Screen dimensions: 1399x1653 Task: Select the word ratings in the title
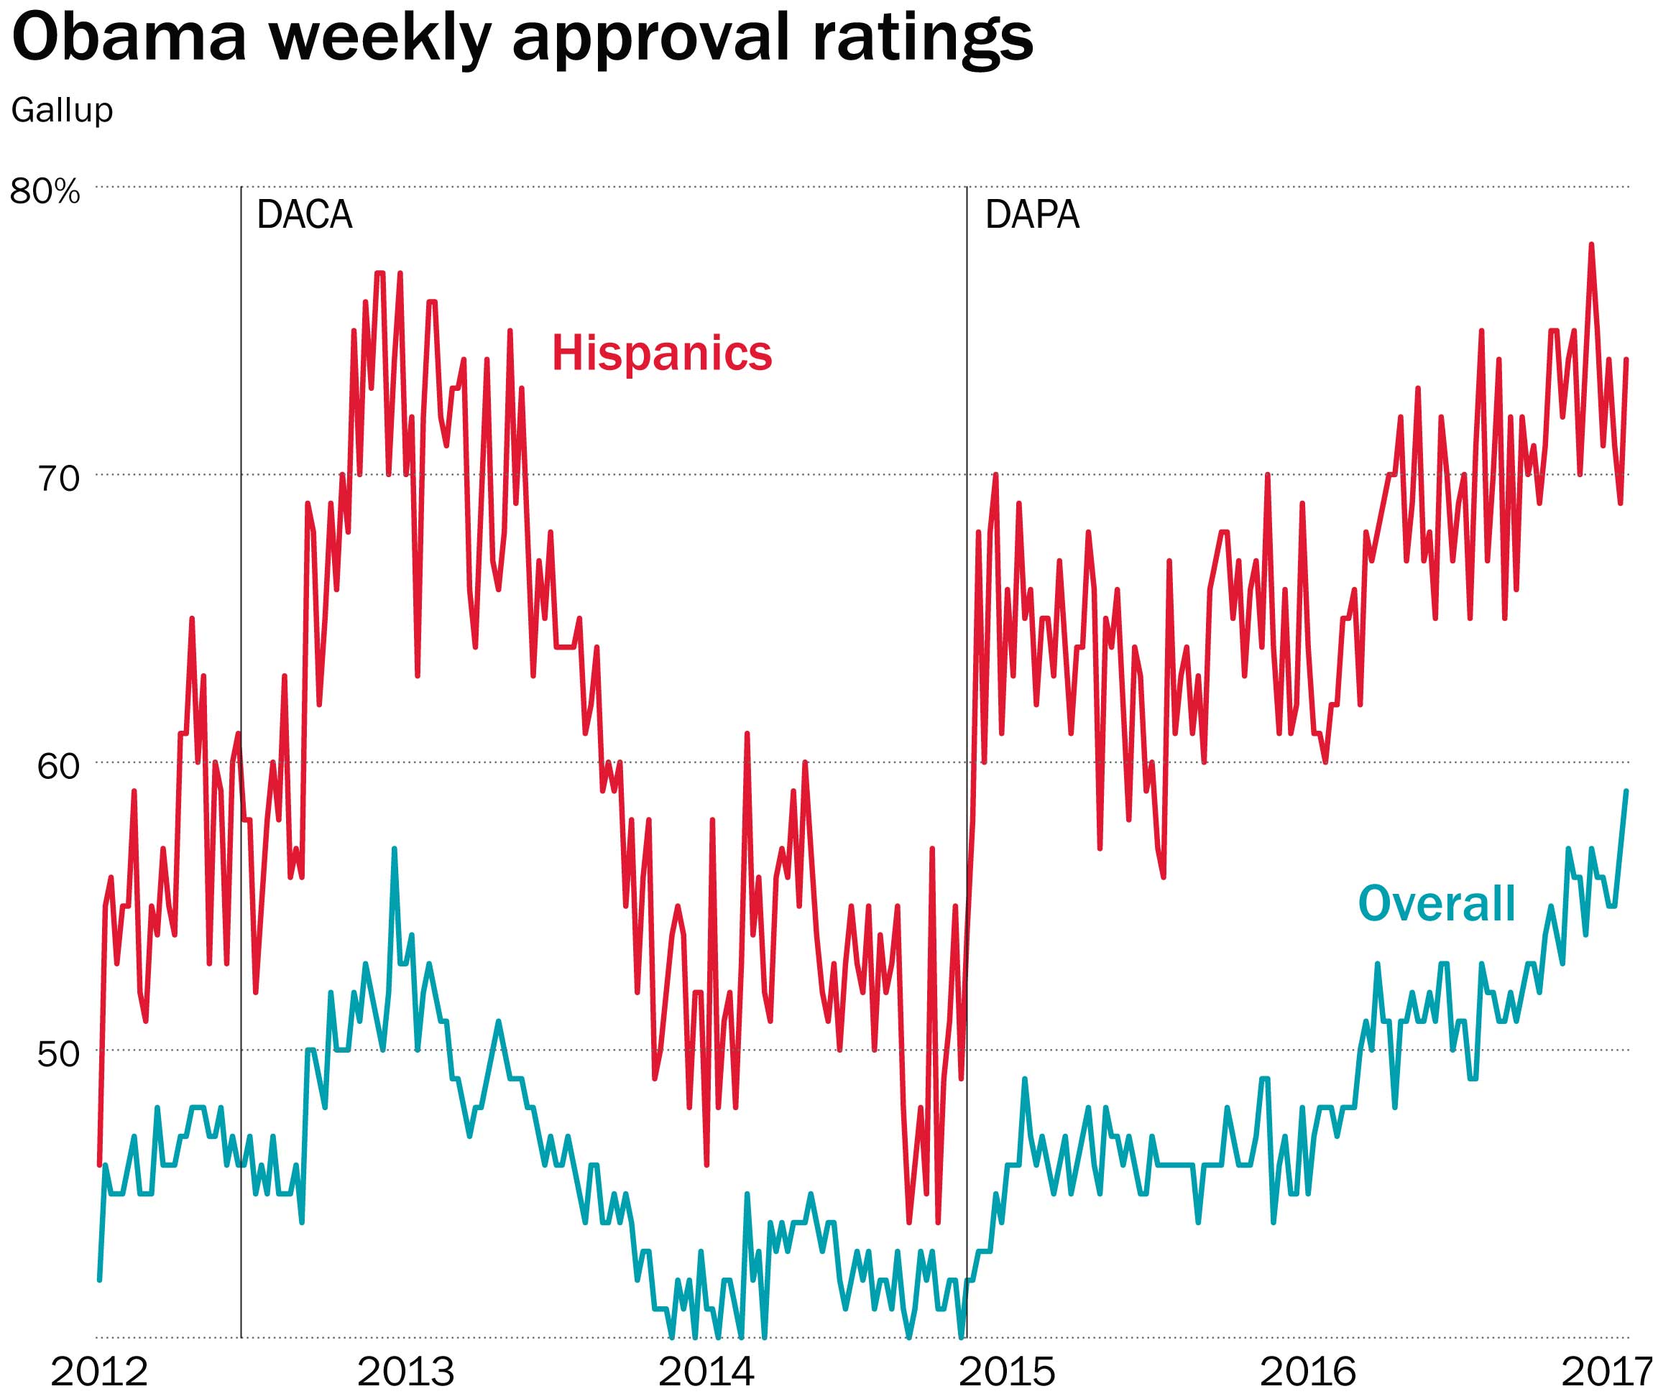(923, 40)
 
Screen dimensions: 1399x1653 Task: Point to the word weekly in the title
(381, 40)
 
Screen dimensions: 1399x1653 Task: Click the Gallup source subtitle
(62, 109)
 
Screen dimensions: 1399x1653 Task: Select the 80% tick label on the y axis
(45, 191)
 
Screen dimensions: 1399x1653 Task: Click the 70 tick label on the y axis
(59, 479)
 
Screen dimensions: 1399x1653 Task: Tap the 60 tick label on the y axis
(59, 766)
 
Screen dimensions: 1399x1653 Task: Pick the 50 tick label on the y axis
(59, 1054)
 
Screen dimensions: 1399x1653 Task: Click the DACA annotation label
(305, 215)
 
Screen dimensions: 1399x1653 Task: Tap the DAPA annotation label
(1032, 215)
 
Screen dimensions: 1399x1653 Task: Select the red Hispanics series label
(661, 353)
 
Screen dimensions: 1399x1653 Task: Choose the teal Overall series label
(1437, 903)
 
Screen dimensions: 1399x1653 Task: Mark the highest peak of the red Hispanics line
(1591, 245)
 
